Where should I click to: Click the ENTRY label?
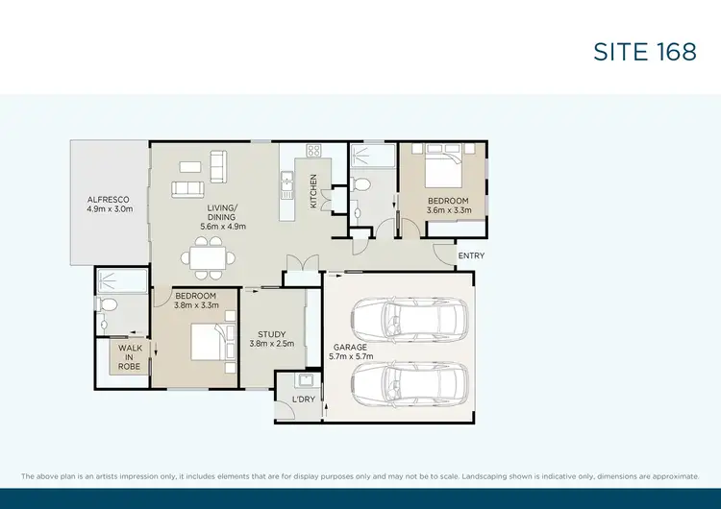(x=472, y=255)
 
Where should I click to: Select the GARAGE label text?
(x=350, y=347)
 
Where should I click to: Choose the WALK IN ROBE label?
(x=128, y=358)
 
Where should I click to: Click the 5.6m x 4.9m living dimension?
(x=224, y=227)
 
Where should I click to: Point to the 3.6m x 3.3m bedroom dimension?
(x=448, y=209)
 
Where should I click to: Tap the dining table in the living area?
(x=209, y=258)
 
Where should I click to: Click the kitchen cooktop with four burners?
(x=312, y=150)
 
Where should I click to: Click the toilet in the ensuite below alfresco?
(x=107, y=305)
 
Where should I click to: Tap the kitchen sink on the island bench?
(x=286, y=179)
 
